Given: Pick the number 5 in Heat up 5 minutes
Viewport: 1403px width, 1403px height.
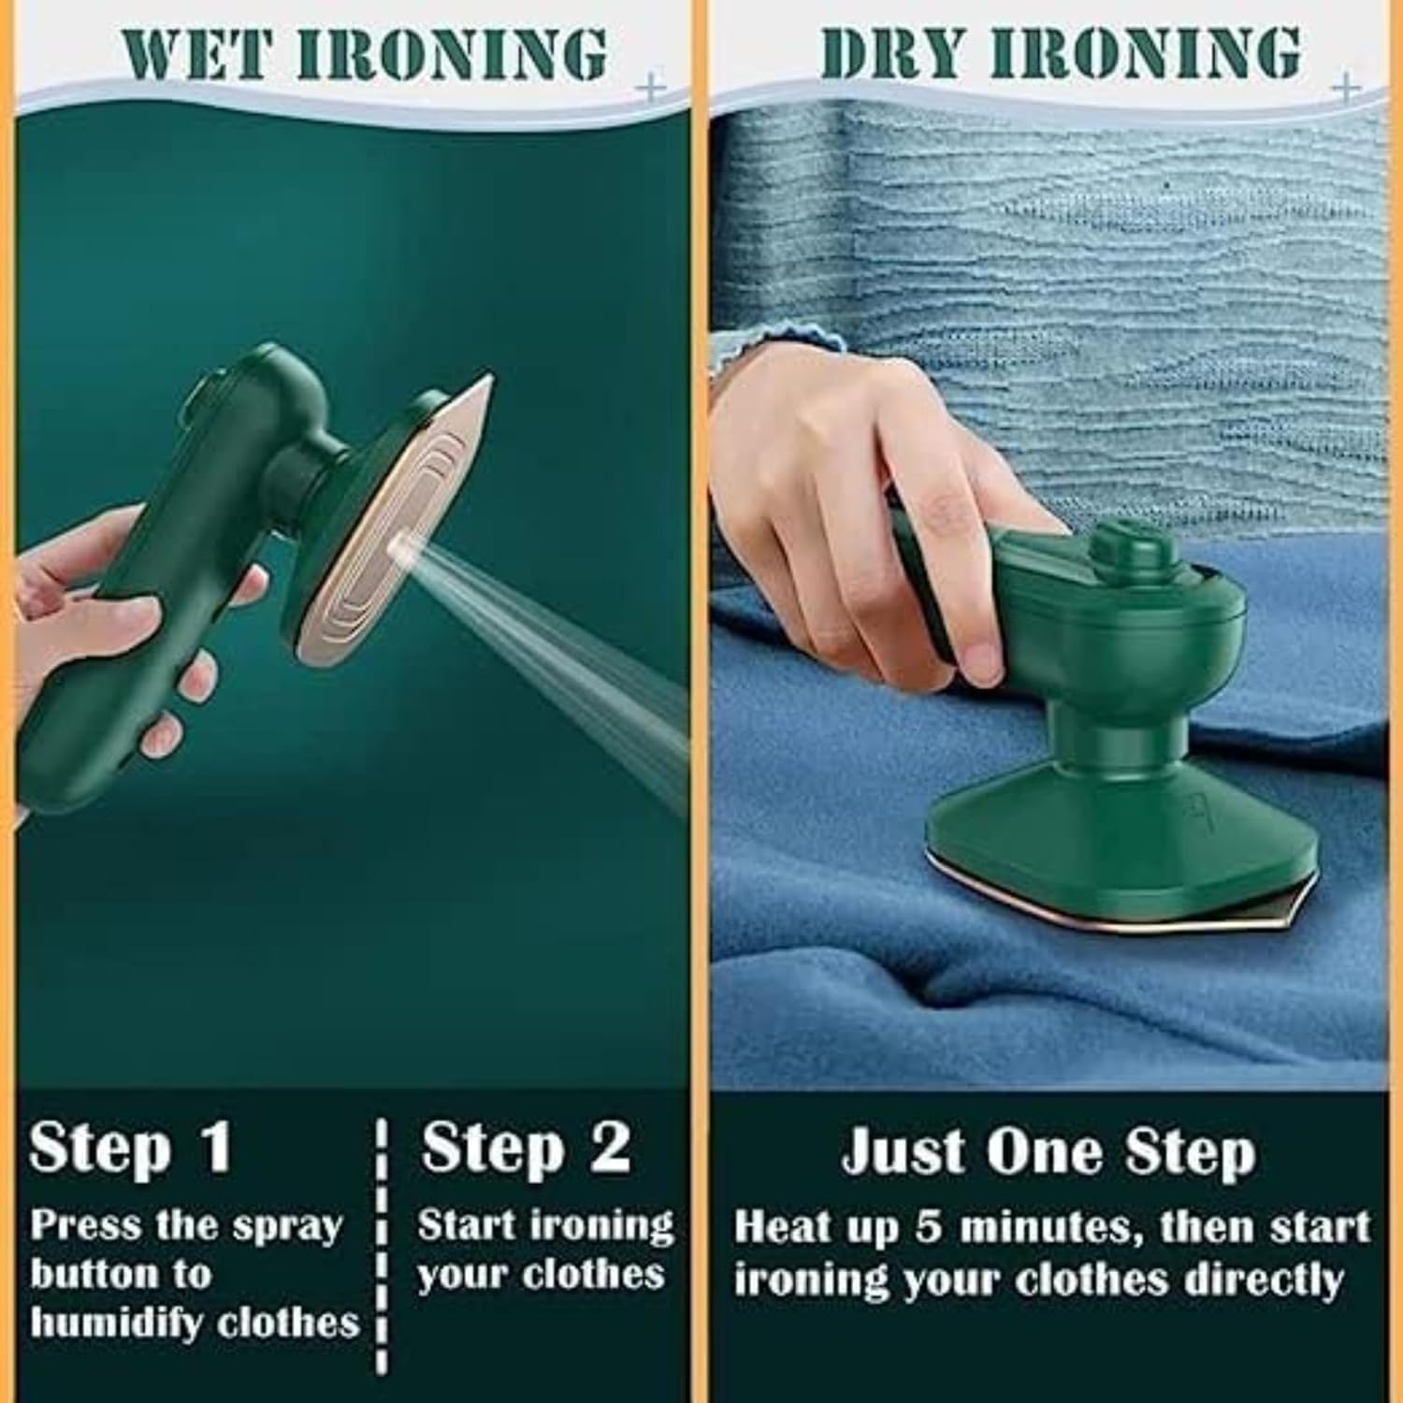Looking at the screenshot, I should click(928, 1227).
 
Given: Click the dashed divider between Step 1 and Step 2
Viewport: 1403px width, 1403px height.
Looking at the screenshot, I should click(383, 1244).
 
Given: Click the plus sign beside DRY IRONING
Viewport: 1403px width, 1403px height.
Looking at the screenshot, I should click(1347, 87).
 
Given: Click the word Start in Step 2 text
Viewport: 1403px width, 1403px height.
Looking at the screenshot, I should click(467, 1226).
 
